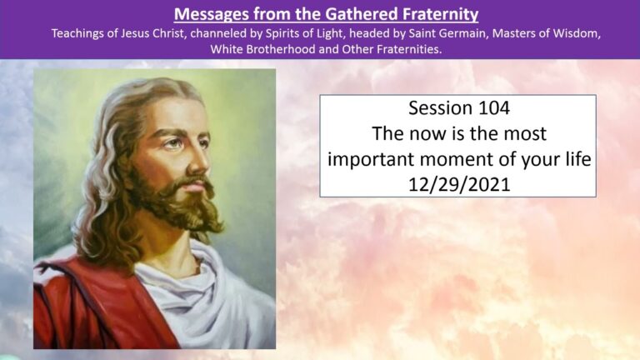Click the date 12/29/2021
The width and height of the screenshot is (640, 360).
click(458, 182)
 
